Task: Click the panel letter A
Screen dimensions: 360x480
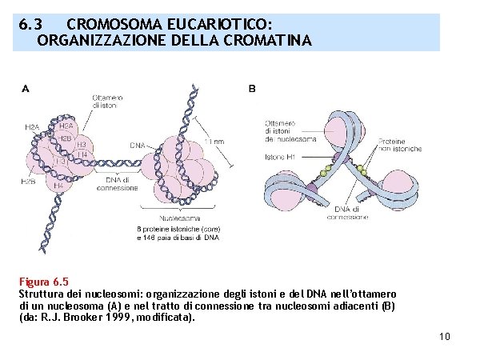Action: click(x=25, y=88)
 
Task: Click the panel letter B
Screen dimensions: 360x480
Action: click(x=252, y=88)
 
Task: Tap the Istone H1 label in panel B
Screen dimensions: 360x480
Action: click(x=280, y=157)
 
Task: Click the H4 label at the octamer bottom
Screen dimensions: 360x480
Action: click(x=58, y=186)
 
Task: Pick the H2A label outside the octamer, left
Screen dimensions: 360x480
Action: click(x=32, y=126)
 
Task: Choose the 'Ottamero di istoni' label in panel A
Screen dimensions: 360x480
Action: click(x=106, y=101)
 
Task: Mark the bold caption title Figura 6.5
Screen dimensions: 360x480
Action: click(x=44, y=282)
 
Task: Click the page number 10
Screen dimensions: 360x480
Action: click(x=445, y=336)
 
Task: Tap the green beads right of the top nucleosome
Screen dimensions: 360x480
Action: click(x=365, y=170)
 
